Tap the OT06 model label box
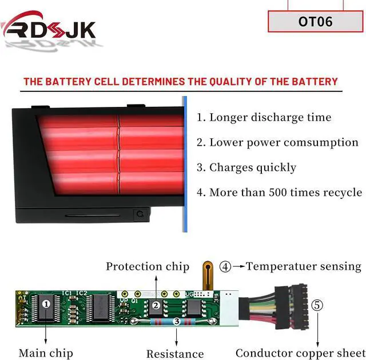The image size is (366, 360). [316, 22]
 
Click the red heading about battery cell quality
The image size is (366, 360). [181, 82]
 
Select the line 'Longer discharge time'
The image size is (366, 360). [264, 118]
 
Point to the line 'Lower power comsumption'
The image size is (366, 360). [277, 143]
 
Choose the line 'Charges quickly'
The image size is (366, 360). [246, 167]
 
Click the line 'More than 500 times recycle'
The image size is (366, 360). [279, 193]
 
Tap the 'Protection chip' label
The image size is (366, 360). [147, 266]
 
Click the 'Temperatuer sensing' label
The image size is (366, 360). [304, 266]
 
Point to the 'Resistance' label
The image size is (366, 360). [175, 354]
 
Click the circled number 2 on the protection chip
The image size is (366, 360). [156, 306]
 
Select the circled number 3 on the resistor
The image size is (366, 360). [177, 322]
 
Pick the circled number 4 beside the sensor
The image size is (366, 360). [226, 267]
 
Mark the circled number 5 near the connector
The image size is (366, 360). [317, 305]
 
